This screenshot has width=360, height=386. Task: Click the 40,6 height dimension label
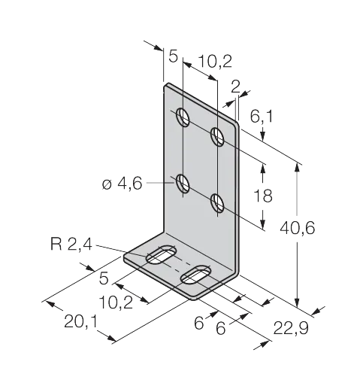pyautogui.click(x=297, y=228)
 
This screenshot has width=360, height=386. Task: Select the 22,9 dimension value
pyautogui.click(x=291, y=328)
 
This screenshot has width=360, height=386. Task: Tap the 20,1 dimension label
pyautogui.click(x=80, y=321)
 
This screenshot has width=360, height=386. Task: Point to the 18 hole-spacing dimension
pyautogui.click(x=263, y=196)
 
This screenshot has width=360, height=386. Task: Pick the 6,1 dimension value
pyautogui.click(x=262, y=117)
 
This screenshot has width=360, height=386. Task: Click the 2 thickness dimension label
pyautogui.click(x=235, y=87)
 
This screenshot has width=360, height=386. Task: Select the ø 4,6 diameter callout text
pyautogui.click(x=123, y=184)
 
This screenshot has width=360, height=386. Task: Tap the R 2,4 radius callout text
pyautogui.click(x=71, y=244)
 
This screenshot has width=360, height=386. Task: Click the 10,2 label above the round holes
pyautogui.click(x=215, y=62)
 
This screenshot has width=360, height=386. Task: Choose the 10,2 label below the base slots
pyautogui.click(x=116, y=302)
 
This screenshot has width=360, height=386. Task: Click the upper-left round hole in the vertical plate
pyautogui.click(x=183, y=117)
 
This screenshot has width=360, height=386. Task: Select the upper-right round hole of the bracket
pyautogui.click(x=217, y=136)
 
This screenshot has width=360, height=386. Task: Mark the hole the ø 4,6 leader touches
pyautogui.click(x=183, y=184)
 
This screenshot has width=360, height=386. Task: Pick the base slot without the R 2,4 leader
pyautogui.click(x=196, y=275)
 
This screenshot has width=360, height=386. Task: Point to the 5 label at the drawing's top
pyautogui.click(x=173, y=56)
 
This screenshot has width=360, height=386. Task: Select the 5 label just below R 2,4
pyautogui.click(x=104, y=278)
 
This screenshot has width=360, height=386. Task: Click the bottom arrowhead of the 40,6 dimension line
pyautogui.click(x=297, y=302)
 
